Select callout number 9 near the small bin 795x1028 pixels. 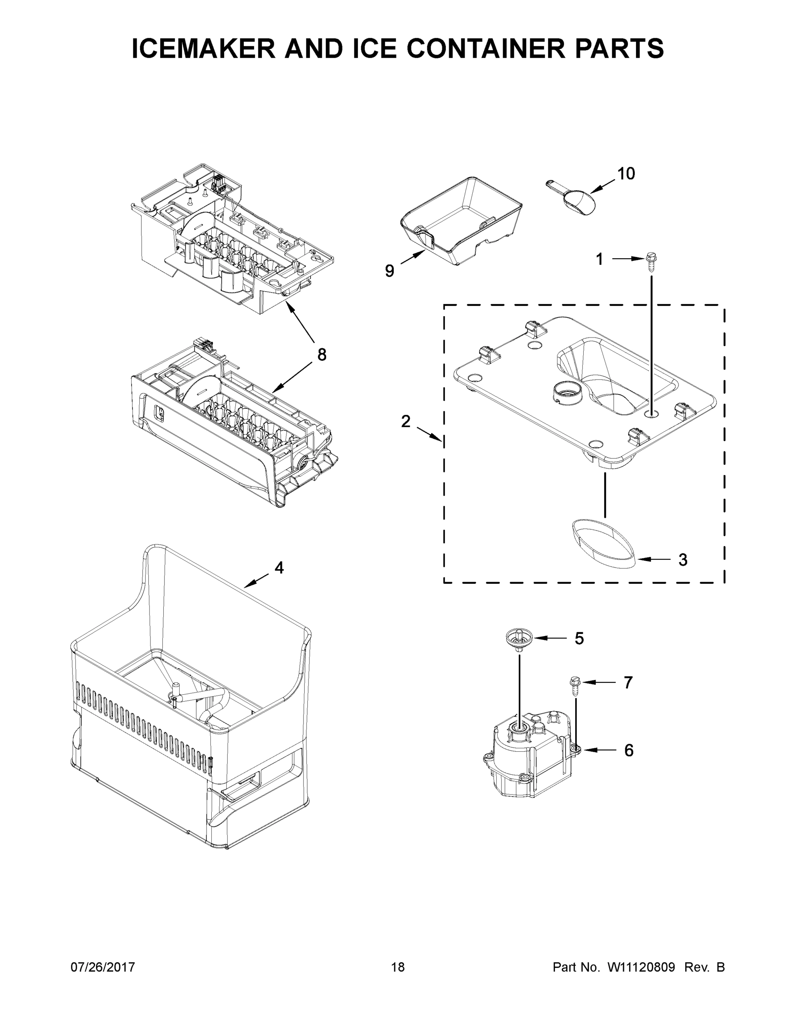tap(390, 271)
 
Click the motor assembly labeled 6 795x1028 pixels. tap(530, 760)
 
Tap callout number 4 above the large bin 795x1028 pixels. tap(279, 568)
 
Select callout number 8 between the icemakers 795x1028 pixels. tap(322, 354)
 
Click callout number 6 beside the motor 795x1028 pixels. tap(629, 750)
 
